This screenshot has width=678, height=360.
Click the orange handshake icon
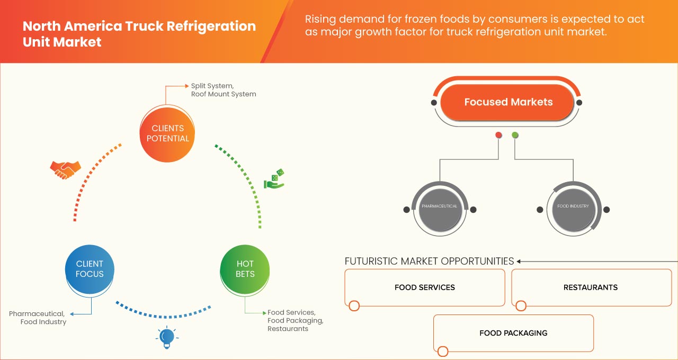[65, 169]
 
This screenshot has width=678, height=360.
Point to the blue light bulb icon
[167, 337]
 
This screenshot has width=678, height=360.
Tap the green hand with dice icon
[274, 179]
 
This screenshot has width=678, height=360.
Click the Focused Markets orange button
[508, 102]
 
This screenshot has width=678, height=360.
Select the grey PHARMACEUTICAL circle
[440, 206]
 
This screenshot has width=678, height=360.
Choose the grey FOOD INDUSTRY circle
[573, 206]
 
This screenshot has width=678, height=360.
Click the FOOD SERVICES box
[424, 287]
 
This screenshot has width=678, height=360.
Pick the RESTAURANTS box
[591, 287]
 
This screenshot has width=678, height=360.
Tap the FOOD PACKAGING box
[513, 333]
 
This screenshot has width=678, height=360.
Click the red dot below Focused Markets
[498, 136]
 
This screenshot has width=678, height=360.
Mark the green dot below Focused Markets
[515, 136]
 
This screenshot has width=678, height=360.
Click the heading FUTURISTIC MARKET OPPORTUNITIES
[429, 261]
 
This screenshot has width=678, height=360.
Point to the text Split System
[212, 85]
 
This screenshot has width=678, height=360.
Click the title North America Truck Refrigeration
[139, 26]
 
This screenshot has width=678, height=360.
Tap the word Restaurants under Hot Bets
[288, 329]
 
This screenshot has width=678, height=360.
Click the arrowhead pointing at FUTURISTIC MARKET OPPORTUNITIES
[519, 261]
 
